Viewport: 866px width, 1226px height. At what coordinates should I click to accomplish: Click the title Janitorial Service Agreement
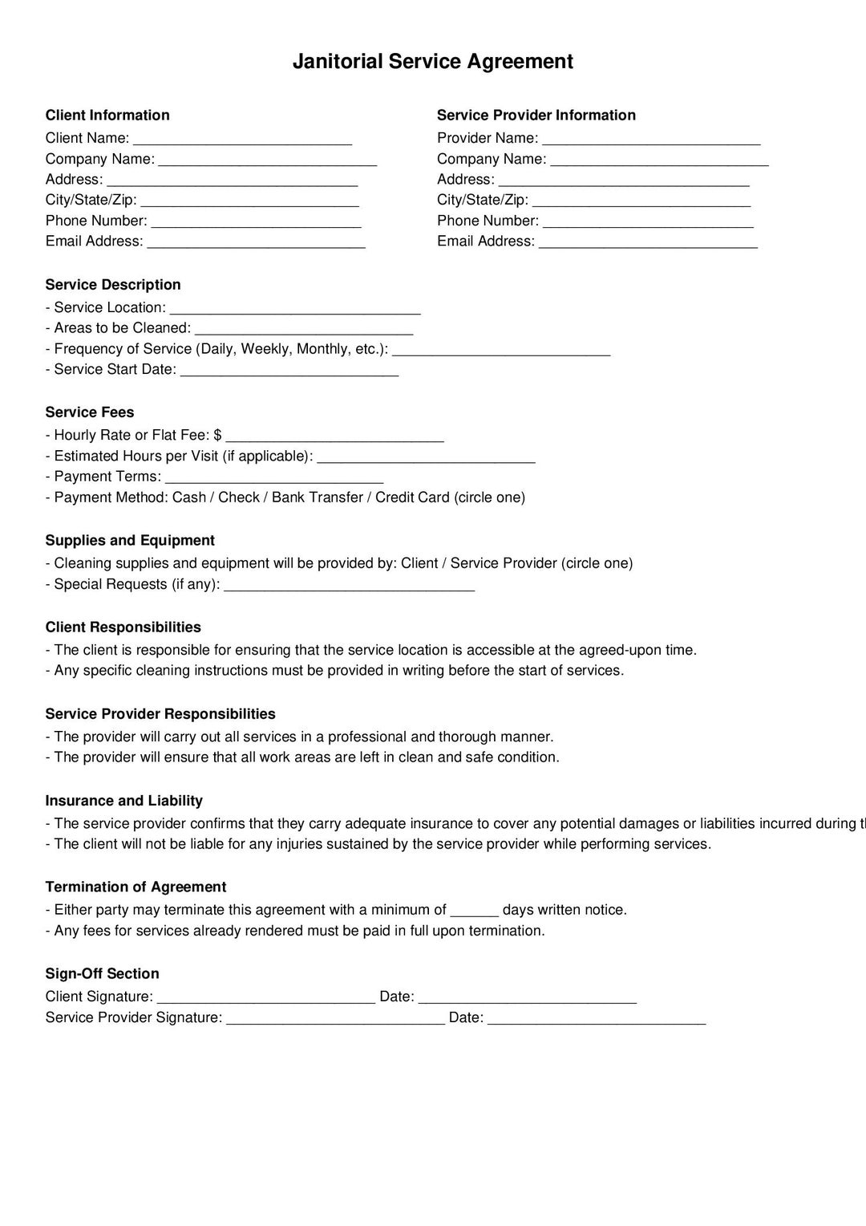coord(432,62)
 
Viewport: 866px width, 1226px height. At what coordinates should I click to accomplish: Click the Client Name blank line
coord(242,140)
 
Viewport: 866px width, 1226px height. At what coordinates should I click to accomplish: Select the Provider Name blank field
coord(651,140)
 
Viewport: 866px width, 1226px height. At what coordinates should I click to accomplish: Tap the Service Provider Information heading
coord(536,116)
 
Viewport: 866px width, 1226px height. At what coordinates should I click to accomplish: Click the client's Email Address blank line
coord(256,242)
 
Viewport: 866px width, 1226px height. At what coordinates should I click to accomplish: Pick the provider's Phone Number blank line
coord(648,222)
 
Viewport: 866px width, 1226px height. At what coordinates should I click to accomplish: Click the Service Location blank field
coord(295,309)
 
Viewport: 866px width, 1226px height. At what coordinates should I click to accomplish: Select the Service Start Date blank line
coord(289,371)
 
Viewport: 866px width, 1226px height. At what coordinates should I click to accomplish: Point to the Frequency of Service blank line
coord(501,350)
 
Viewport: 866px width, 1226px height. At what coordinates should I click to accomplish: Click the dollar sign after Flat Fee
coord(218,435)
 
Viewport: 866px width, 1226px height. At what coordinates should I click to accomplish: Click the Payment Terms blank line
coord(273,478)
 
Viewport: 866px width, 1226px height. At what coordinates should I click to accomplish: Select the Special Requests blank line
coord(350,586)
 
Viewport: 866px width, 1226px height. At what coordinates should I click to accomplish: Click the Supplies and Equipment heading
coord(130,541)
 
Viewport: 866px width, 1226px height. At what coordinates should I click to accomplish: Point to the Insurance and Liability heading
coord(123,801)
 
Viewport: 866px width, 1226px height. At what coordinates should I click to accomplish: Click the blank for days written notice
coord(475,911)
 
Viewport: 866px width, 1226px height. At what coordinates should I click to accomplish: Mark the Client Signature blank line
coord(266,998)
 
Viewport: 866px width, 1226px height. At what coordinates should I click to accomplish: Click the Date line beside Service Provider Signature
coord(597,1019)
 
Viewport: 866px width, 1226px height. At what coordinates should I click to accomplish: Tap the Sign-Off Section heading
coord(102,974)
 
